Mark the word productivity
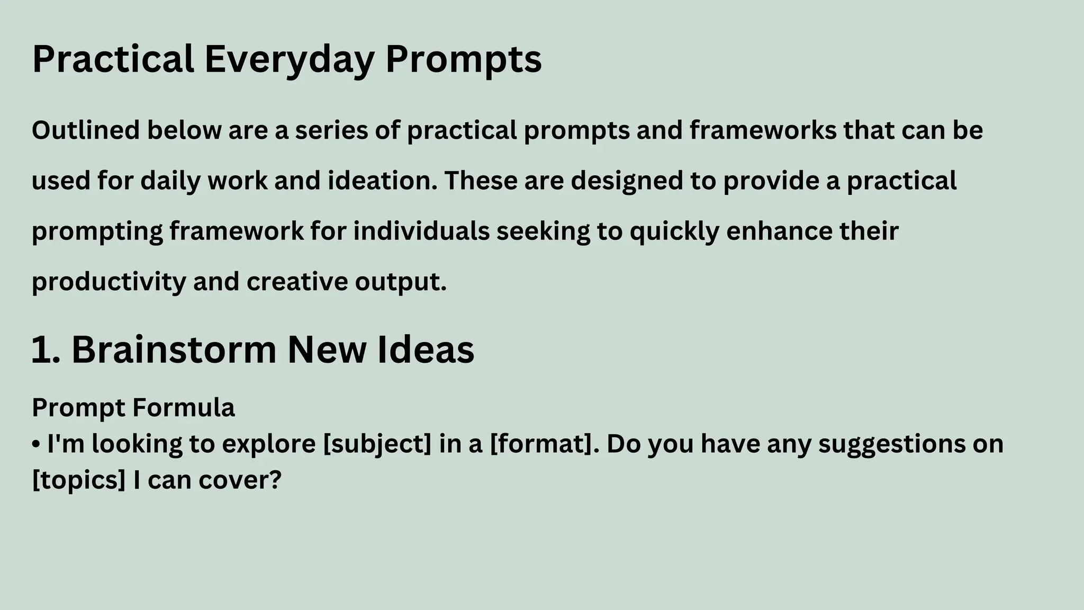coord(109,282)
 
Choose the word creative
coord(297,282)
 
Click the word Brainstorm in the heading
coord(174,350)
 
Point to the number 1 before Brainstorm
coord(41,350)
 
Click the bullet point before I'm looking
coord(36,444)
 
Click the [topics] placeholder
coord(79,480)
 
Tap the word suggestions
coord(892,444)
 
